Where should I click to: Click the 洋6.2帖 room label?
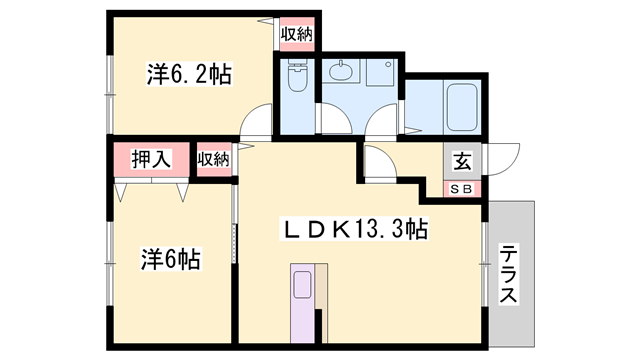coord(189,74)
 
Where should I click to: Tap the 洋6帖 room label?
coord(171,258)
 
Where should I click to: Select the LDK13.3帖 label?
coord(354,229)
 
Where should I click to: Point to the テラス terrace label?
coord(508,273)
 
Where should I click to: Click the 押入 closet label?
coord(151,159)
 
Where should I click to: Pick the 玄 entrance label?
coord(462,161)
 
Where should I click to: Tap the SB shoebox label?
coord(461,189)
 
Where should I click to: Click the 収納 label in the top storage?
coord(297,34)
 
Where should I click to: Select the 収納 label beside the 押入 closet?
coord(213,159)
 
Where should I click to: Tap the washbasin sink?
coord(341,72)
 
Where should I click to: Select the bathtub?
coord(462,107)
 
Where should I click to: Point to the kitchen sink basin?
coord(302,285)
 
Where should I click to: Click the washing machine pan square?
coord(382,72)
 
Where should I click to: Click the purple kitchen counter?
coord(302,303)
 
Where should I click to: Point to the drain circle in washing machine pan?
coord(388,64)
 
